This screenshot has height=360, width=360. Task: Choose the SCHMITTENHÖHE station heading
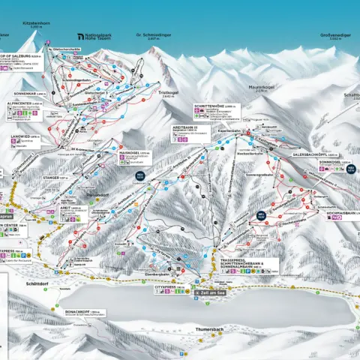pyautogui.click(x=212, y=106)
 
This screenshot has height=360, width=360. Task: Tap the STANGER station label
pyautogui.click(x=55, y=178)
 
